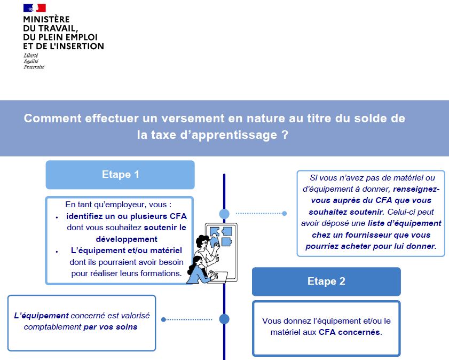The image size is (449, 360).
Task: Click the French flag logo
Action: (35, 7)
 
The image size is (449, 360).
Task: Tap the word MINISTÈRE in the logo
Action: (46, 19)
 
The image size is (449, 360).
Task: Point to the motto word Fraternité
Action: (34, 67)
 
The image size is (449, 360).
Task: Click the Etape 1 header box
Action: (120, 175)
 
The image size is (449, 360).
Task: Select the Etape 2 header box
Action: (326, 281)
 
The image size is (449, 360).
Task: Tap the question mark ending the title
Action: (285, 134)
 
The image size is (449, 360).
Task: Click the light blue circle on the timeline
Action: (224, 213)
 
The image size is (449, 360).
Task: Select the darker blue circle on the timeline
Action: (224, 319)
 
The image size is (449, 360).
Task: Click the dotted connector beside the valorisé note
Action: (187, 319)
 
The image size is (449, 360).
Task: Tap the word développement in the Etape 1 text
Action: (127, 239)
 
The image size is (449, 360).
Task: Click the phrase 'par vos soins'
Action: (110, 327)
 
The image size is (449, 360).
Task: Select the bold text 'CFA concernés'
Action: (349, 332)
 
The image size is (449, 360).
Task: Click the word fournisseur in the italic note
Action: (368, 235)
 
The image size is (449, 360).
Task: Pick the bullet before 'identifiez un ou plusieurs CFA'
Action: (57, 217)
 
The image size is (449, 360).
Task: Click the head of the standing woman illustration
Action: (203, 241)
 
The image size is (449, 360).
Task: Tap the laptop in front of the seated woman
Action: (220, 276)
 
